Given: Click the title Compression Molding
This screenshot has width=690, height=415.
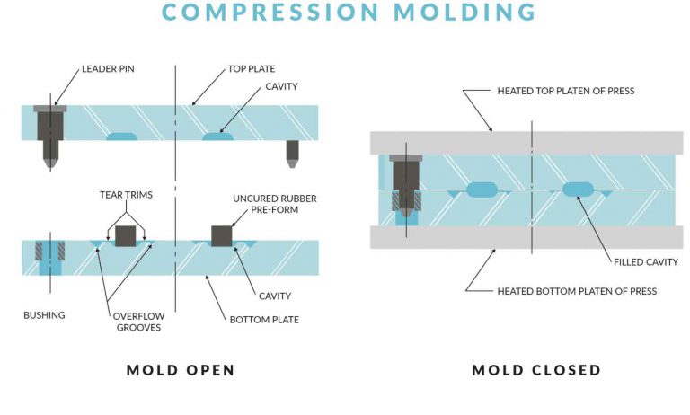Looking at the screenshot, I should (345, 13).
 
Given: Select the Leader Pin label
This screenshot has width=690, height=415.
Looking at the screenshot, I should (109, 68).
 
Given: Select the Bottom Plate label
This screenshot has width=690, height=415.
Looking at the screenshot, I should (266, 319).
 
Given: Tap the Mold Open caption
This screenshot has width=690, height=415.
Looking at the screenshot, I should (181, 370).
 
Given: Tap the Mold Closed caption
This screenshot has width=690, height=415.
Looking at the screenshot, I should (536, 370).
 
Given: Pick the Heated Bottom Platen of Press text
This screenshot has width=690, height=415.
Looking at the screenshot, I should (576, 291).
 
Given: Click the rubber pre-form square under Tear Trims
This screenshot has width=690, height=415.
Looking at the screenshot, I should (126, 235).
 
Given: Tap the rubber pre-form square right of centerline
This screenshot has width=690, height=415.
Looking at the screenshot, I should (222, 235).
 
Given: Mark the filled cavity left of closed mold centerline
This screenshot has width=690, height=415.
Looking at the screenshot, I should (482, 190).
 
